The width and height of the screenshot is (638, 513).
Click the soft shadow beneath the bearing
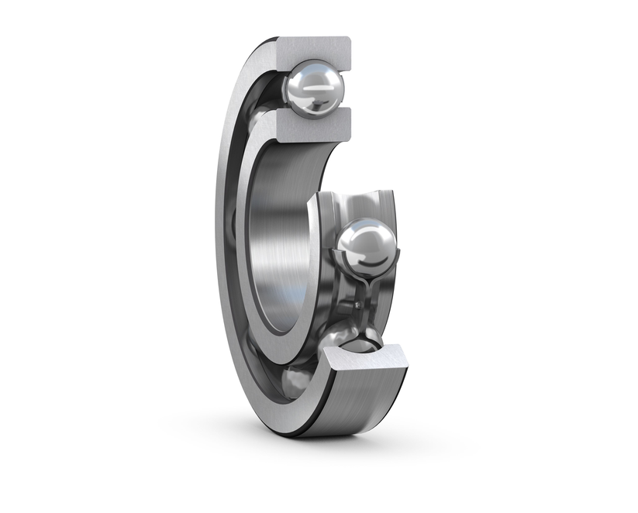[x=310, y=449]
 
